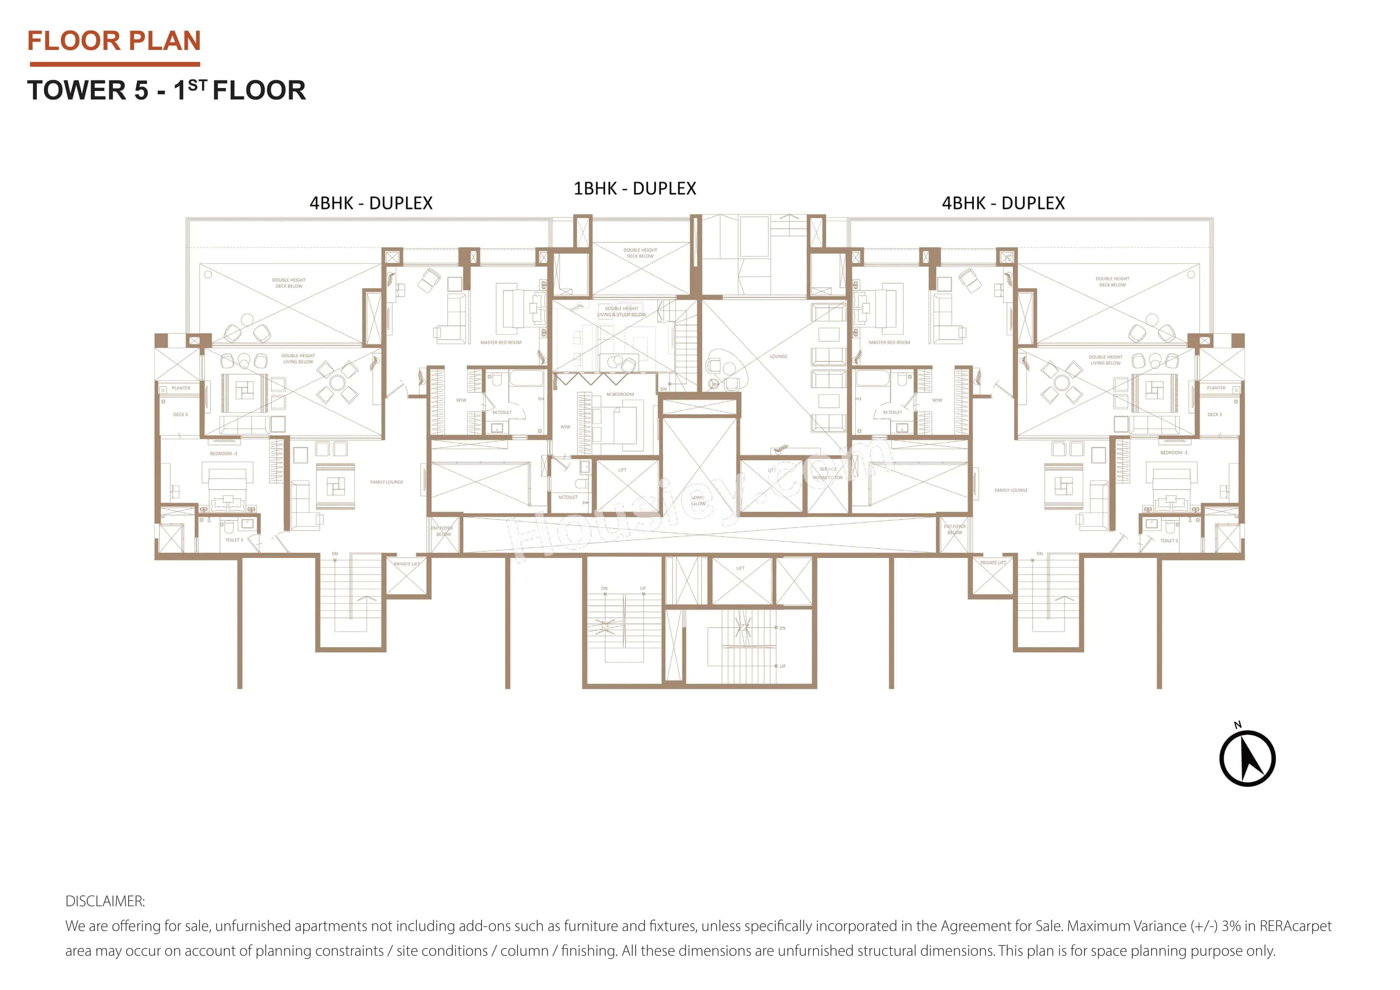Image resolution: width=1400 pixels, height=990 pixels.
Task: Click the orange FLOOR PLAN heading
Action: click(114, 41)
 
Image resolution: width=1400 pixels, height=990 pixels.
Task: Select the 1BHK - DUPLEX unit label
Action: click(634, 188)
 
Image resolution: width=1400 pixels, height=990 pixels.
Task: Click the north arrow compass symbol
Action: click(1247, 758)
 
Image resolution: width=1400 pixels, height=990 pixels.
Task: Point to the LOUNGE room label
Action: click(779, 356)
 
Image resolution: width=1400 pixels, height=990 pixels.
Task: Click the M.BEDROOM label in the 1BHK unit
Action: click(620, 394)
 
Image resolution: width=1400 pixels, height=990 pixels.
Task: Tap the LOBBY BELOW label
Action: click(698, 501)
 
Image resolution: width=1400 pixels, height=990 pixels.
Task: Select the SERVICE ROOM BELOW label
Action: click(827, 473)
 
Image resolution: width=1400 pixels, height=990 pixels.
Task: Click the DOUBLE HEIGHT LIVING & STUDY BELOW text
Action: click(621, 312)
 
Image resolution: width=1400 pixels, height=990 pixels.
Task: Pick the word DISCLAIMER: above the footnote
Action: click(105, 901)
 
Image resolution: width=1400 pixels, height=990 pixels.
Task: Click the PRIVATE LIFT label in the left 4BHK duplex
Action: click(407, 564)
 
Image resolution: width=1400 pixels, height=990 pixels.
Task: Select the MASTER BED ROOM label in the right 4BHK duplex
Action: click(889, 342)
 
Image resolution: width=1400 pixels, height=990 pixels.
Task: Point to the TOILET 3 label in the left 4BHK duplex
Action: click(234, 540)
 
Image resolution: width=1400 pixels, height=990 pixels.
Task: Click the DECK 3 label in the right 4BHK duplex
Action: click(1214, 414)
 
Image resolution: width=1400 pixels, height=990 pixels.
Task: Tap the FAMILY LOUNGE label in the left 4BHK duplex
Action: click(386, 482)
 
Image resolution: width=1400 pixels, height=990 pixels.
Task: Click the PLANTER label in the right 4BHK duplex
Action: click(1216, 388)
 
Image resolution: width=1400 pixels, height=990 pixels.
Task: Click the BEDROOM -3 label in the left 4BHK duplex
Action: click(223, 453)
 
